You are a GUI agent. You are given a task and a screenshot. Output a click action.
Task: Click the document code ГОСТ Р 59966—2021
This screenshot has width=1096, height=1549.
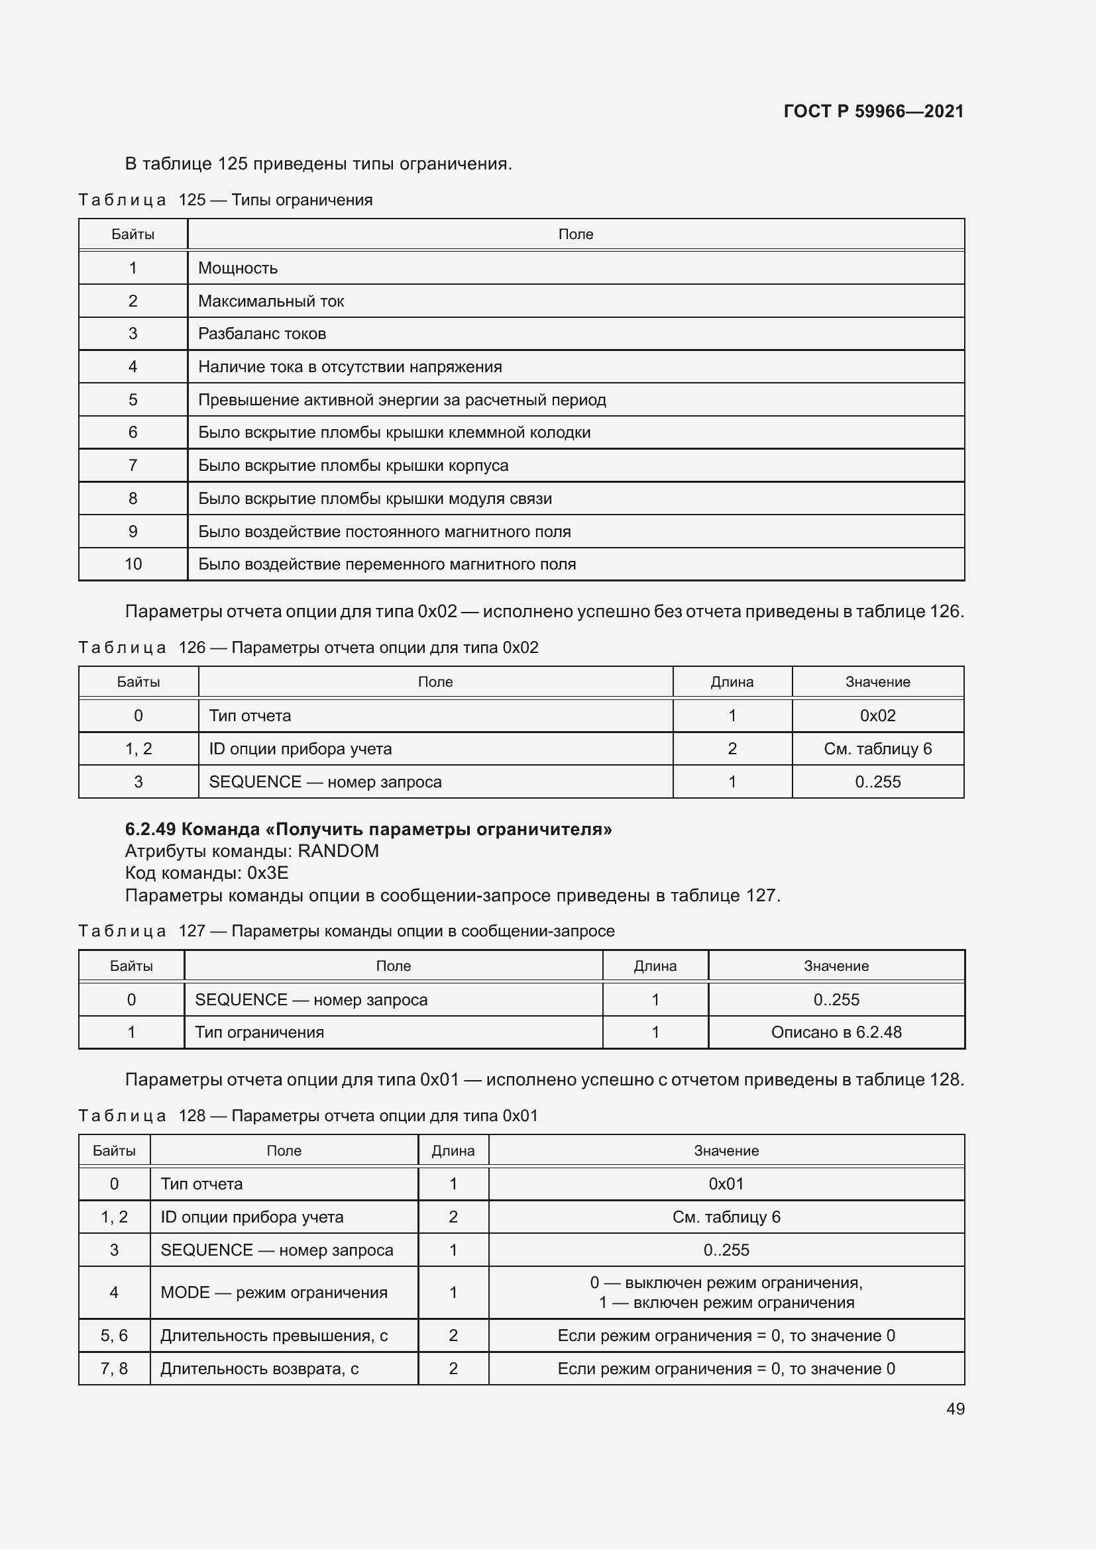873,111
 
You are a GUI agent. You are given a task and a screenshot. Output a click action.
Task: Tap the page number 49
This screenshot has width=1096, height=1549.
955,1409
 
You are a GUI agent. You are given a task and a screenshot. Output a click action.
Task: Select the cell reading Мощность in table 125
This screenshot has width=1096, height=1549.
238,268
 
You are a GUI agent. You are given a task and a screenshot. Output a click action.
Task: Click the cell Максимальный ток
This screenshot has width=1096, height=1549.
270,301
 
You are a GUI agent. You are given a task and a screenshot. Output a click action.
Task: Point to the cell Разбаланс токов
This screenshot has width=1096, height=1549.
262,334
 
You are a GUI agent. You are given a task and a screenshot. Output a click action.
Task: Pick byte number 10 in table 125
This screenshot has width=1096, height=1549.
133,564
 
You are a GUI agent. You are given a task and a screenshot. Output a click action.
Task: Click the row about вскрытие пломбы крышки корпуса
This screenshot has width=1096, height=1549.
353,466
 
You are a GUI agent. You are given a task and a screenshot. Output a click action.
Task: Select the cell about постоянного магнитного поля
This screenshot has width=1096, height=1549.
384,532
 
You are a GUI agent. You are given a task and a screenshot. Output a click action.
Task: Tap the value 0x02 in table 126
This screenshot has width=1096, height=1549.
877,716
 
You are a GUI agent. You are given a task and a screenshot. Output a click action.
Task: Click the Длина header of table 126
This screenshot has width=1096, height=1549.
732,682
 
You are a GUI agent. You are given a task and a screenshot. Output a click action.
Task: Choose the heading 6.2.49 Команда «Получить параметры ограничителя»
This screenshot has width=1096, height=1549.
368,829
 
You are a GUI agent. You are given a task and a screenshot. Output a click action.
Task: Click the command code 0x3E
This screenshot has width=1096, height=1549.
268,873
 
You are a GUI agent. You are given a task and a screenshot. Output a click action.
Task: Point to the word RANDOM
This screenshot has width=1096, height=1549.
338,851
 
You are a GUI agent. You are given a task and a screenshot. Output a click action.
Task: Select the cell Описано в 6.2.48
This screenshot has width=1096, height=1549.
836,1032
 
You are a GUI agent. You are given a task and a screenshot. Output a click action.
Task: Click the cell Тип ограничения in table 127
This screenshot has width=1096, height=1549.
259,1032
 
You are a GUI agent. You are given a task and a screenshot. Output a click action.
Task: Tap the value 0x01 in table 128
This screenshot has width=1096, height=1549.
726,1184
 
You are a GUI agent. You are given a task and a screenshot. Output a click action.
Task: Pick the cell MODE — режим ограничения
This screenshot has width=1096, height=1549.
274,1293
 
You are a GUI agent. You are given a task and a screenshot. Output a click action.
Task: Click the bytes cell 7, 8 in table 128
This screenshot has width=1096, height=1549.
114,1368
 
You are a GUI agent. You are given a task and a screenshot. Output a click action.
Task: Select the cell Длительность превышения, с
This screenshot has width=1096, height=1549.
274,1335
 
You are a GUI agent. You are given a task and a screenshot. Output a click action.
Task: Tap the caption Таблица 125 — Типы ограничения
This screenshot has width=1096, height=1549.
225,201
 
